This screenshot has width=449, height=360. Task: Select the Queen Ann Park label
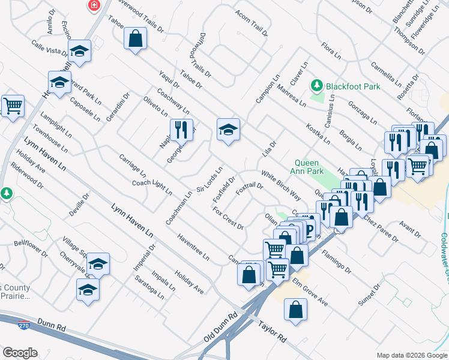coord(310,167)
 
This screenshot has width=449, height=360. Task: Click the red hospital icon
coord(94,5)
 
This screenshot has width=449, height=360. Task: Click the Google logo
coord(20,353)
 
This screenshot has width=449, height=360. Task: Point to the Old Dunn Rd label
coord(220,328)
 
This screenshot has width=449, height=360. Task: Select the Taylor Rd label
coord(273,332)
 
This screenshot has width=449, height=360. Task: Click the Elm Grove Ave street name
coord(310,292)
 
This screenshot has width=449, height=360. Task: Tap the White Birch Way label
coord(281,186)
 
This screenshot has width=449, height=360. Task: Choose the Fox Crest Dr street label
coord(228,218)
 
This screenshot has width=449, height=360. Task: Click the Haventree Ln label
coord(193,247)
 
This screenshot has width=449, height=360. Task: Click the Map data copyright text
coord(412,355)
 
